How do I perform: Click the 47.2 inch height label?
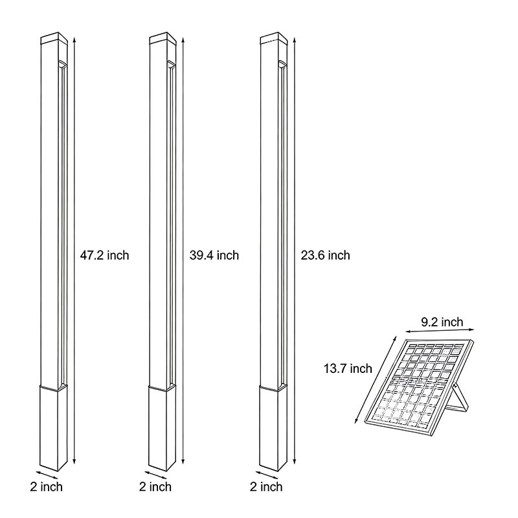coord(104,255)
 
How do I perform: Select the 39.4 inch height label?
coord(214,255)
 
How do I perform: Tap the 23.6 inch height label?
coord(325,255)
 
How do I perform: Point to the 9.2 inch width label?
coord(442,322)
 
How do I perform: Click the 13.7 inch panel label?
coord(348,368)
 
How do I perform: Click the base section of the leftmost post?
coord(52,427)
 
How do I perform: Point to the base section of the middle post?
coord(163,427)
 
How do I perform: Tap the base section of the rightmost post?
coord(273,427)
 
